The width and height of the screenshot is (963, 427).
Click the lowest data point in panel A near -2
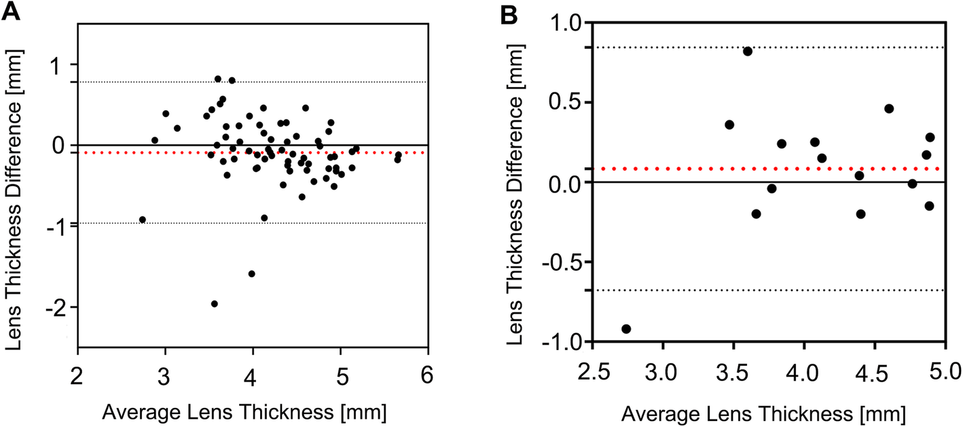tap(215, 304)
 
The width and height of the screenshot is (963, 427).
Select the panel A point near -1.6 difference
tap(252, 274)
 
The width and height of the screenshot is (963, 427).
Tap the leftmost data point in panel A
tap(143, 220)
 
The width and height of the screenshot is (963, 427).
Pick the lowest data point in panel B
tap(626, 329)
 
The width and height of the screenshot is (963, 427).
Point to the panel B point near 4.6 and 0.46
tap(889, 109)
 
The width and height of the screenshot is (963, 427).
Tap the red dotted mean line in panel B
tap(679, 168)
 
